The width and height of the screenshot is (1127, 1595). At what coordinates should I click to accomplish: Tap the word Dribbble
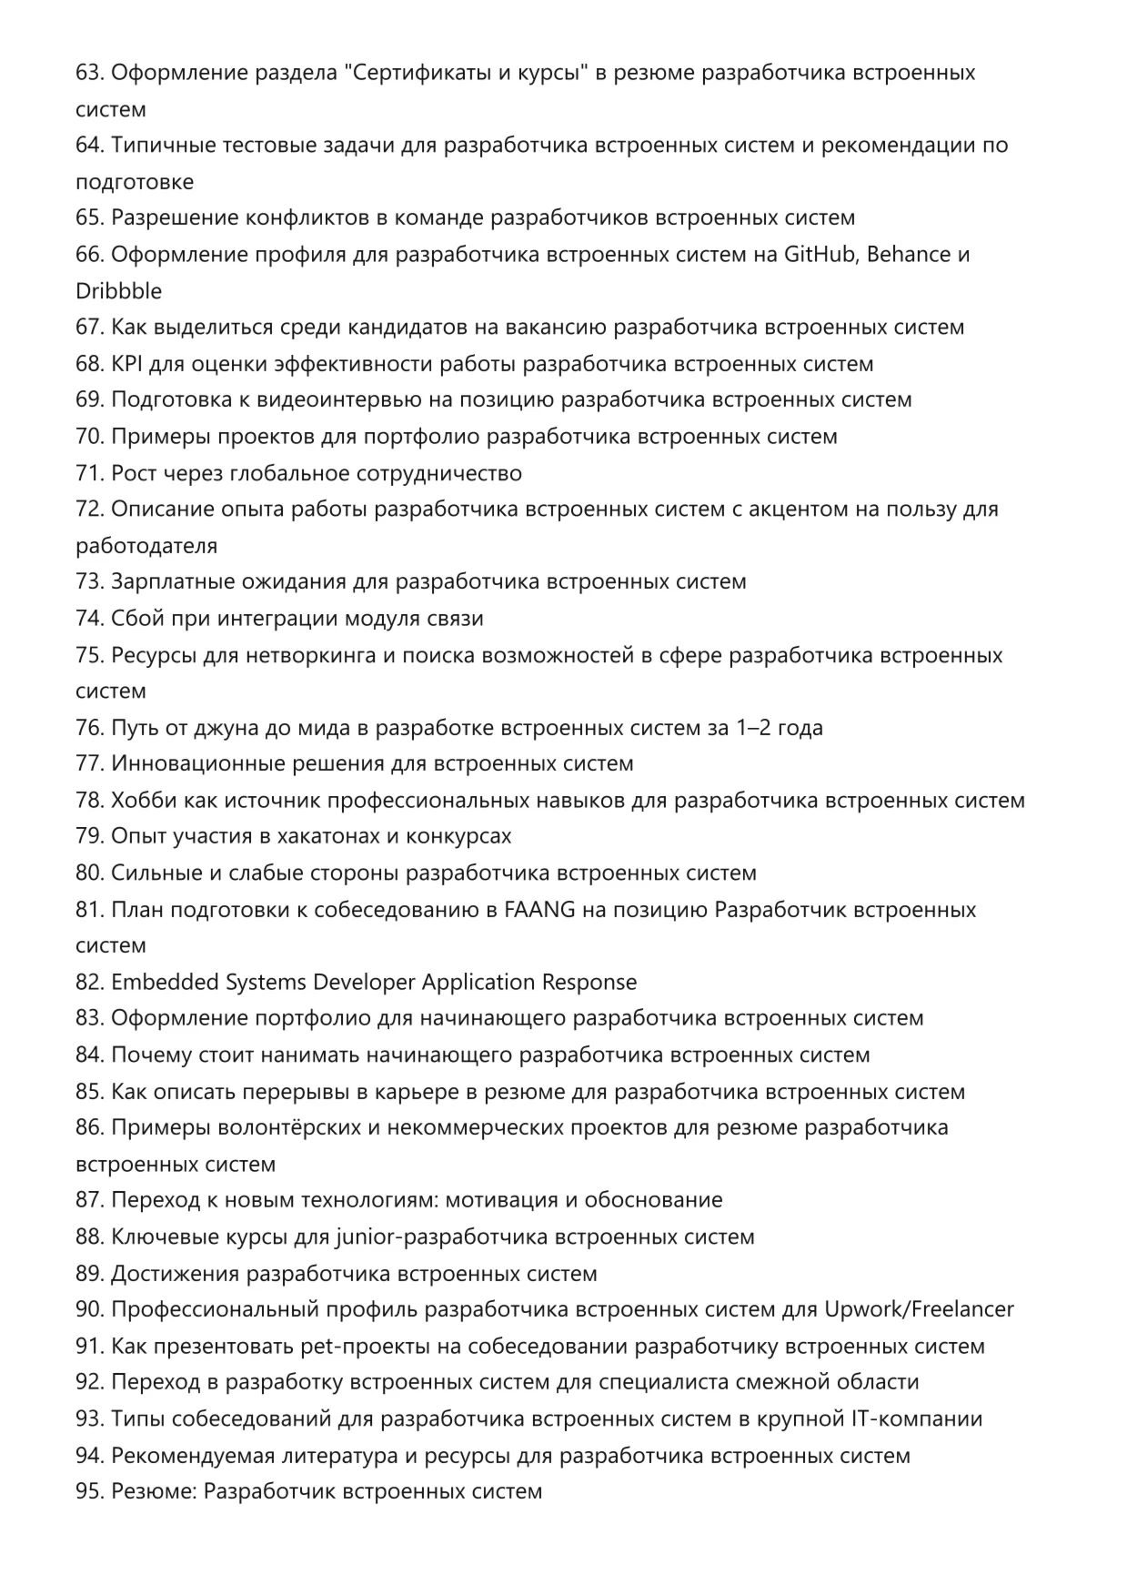[119, 291]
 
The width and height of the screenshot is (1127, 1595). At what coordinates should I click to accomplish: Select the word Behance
[910, 255]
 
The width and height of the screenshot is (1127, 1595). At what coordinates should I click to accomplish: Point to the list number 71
[89, 473]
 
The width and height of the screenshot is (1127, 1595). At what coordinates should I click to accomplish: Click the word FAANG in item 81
[539, 910]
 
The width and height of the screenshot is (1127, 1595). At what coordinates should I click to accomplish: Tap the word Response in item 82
[589, 983]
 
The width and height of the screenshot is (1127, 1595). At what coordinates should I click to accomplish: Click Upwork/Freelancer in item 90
[919, 1310]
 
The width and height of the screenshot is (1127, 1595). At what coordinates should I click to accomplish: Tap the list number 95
[89, 1492]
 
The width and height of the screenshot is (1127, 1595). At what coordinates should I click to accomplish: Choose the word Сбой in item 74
[135, 619]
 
